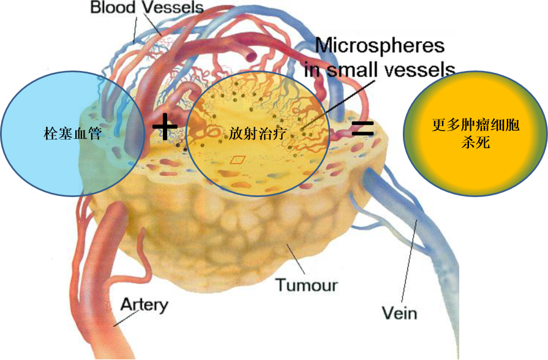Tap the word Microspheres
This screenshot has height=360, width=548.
pos(380,45)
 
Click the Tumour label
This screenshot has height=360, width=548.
pos(306,285)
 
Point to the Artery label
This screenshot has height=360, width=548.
pos(144,305)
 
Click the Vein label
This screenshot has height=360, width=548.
pos(399,313)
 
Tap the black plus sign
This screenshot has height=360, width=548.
pos(165,128)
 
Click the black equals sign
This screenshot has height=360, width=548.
pos(362,127)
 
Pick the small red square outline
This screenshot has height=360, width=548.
pos(237,160)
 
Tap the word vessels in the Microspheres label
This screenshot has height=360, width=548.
pos(424,68)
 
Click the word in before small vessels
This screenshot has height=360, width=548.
pos(312,68)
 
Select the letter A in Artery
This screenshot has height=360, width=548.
pos(126,305)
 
